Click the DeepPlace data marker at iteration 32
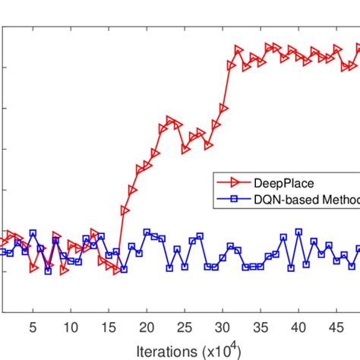coord(238,50)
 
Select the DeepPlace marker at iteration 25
coord(185,149)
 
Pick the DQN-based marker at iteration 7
coord(48,270)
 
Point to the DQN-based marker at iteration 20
coord(147,232)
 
